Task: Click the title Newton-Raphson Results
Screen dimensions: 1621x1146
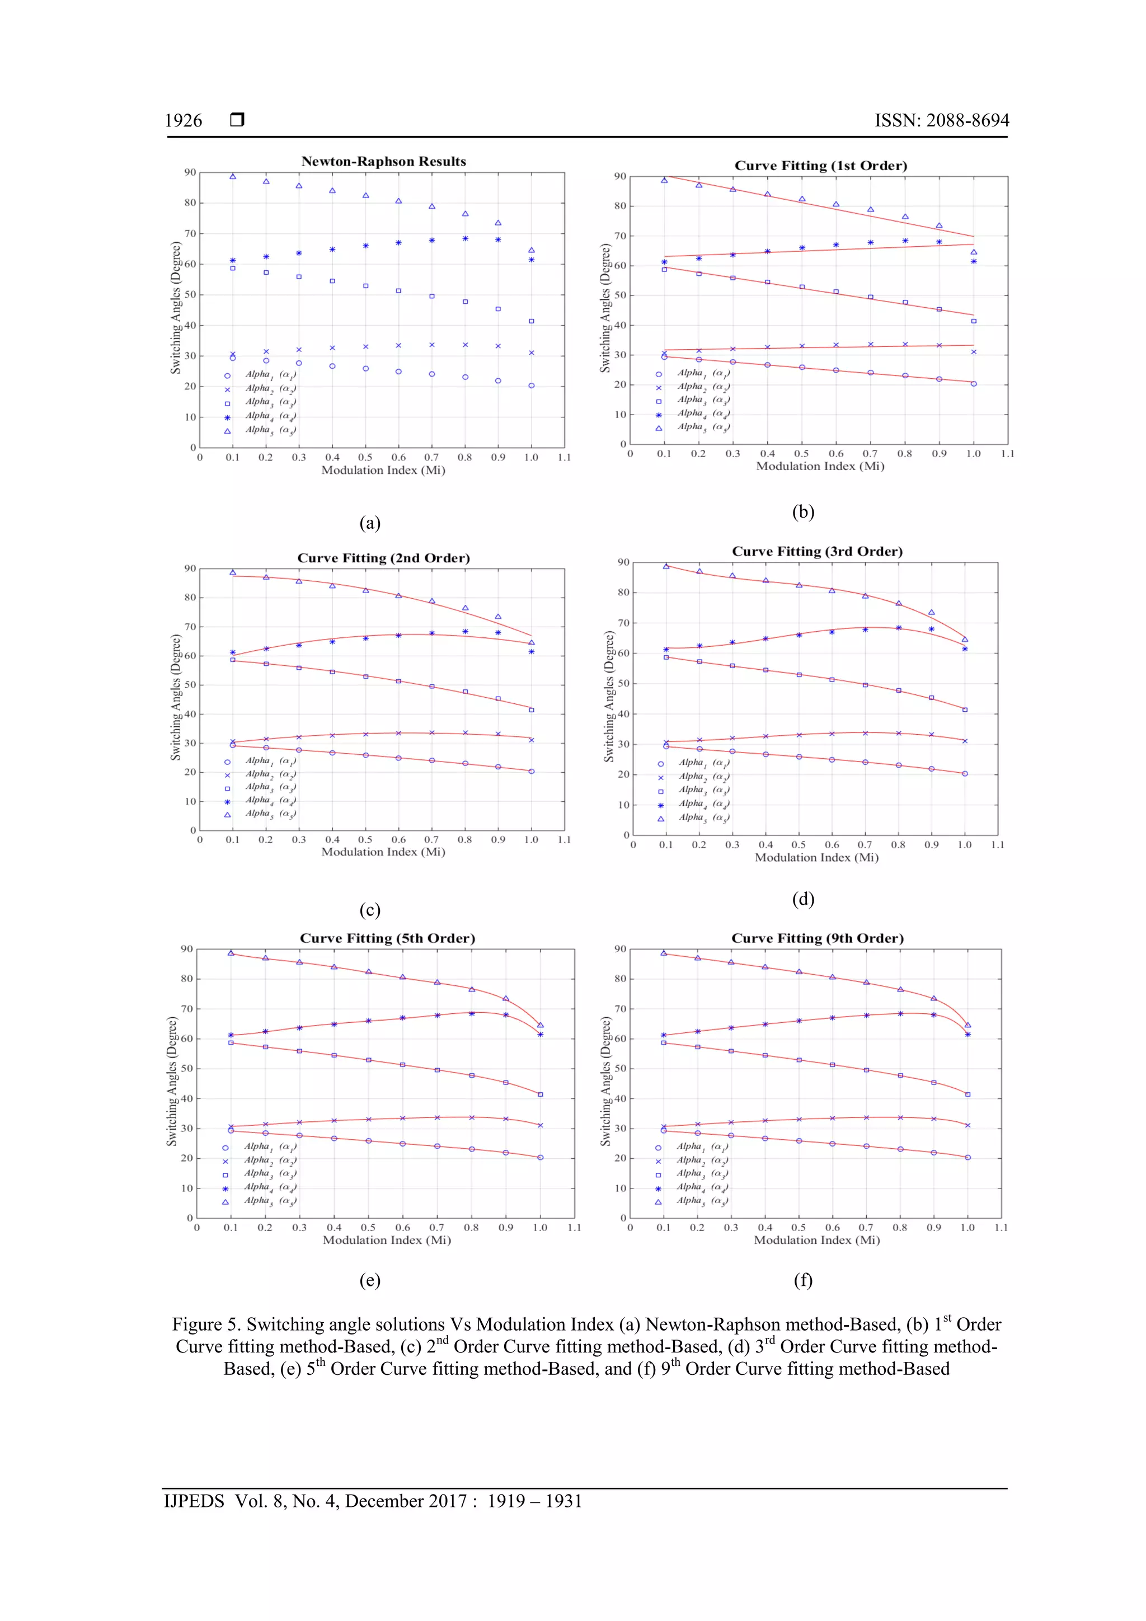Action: [x=383, y=161]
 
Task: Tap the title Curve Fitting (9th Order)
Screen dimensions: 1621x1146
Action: [x=817, y=938]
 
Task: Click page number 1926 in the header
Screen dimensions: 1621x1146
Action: [x=184, y=121]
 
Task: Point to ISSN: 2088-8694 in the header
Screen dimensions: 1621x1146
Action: [x=941, y=121]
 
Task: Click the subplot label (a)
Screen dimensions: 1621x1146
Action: [x=369, y=523]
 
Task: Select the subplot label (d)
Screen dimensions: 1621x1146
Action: [x=803, y=899]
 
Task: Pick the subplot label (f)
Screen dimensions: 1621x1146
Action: [x=803, y=1280]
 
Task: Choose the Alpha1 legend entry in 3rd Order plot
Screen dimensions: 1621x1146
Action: [x=703, y=763]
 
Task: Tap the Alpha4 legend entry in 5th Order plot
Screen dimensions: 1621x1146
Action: [x=269, y=1187]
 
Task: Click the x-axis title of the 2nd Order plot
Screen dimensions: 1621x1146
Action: [x=383, y=852]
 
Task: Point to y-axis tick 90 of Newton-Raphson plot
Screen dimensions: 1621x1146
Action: [x=190, y=172]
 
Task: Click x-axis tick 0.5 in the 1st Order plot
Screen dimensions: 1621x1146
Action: [x=801, y=454]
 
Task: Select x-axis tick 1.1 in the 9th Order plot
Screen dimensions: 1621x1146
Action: [x=1001, y=1228]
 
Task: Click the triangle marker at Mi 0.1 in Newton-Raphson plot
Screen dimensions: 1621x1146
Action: [x=232, y=176]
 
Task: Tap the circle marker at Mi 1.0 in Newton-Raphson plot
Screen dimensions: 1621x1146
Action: [x=531, y=386]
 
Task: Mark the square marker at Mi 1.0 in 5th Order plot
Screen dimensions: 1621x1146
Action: [x=540, y=1094]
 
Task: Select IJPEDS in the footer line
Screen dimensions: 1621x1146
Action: [x=194, y=1501]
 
